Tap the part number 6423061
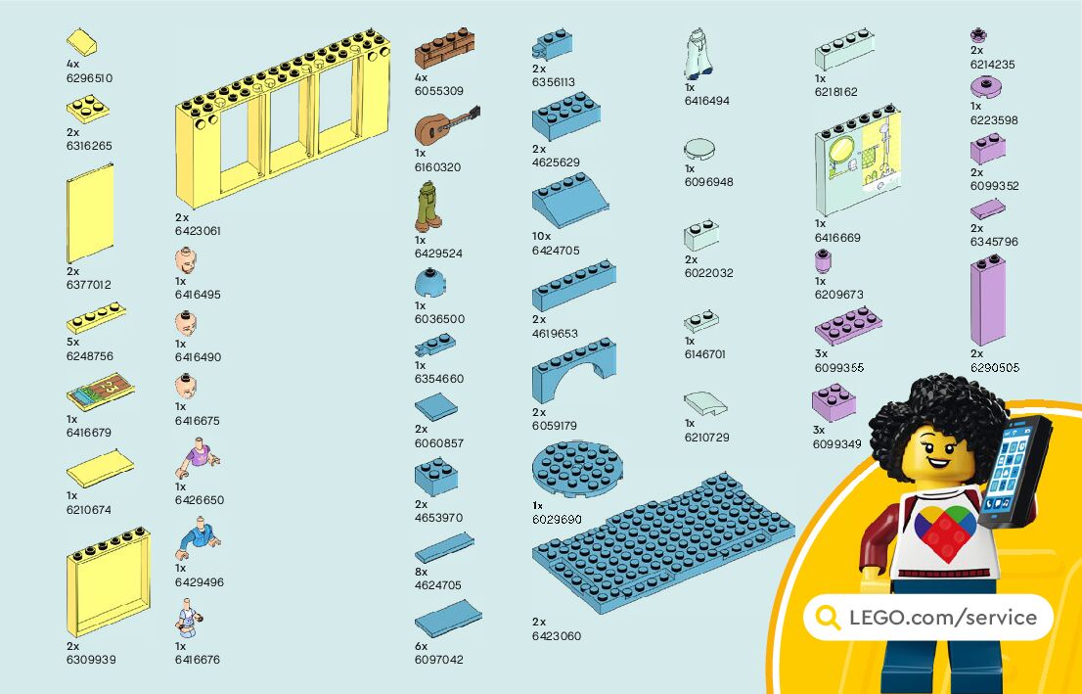198,231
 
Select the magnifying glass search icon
828,617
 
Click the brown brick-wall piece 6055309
444,48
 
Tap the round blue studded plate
576,468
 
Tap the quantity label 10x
541,236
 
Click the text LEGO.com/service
942,617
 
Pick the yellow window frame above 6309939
108,581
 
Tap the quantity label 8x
421,571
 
